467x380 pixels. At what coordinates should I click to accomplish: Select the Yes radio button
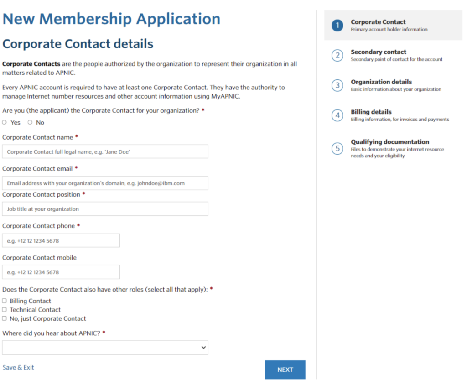pyautogui.click(x=5, y=122)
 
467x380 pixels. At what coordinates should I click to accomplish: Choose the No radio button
pyautogui.click(x=30, y=122)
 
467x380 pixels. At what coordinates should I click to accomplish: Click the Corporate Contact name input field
pyautogui.click(x=105, y=151)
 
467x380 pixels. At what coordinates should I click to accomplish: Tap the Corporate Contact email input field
pyautogui.click(x=105, y=183)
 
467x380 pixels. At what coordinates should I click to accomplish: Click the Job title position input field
pyautogui.click(x=105, y=209)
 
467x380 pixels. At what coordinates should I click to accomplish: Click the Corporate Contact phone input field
pyautogui.click(x=61, y=240)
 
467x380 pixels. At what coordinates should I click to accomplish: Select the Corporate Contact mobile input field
pyautogui.click(x=61, y=272)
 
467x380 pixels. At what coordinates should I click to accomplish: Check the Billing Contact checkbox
pyautogui.click(x=5, y=301)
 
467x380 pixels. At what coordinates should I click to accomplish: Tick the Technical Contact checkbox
pyautogui.click(x=5, y=310)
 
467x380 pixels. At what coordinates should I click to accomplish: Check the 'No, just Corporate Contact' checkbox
pyautogui.click(x=5, y=318)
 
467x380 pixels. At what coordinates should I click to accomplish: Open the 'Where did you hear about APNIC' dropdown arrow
pyautogui.click(x=203, y=348)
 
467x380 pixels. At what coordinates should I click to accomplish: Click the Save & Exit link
pyautogui.click(x=18, y=367)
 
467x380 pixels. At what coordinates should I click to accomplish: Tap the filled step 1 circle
pyautogui.click(x=337, y=26)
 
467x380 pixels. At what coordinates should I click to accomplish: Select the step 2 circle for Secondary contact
pyautogui.click(x=337, y=56)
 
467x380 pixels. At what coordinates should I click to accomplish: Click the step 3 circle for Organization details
pyautogui.click(x=337, y=86)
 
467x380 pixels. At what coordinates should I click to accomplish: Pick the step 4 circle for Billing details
pyautogui.click(x=337, y=115)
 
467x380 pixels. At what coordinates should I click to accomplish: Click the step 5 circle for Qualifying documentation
pyautogui.click(x=337, y=148)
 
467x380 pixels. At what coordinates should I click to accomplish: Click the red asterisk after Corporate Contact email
pyautogui.click(x=76, y=168)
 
